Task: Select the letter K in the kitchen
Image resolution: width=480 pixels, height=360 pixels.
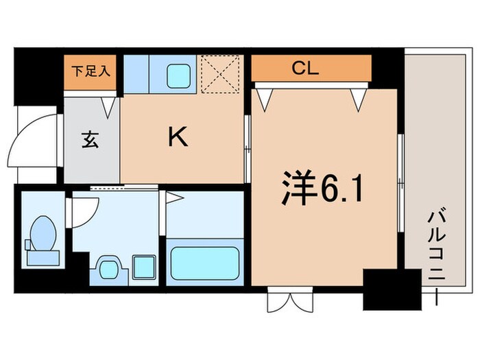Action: coord(178,138)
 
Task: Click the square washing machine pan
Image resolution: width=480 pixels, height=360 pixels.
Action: coord(143,265)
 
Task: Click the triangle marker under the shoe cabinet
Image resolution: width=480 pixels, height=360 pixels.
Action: coord(109,105)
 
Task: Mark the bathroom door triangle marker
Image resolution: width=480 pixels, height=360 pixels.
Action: coord(173,198)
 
